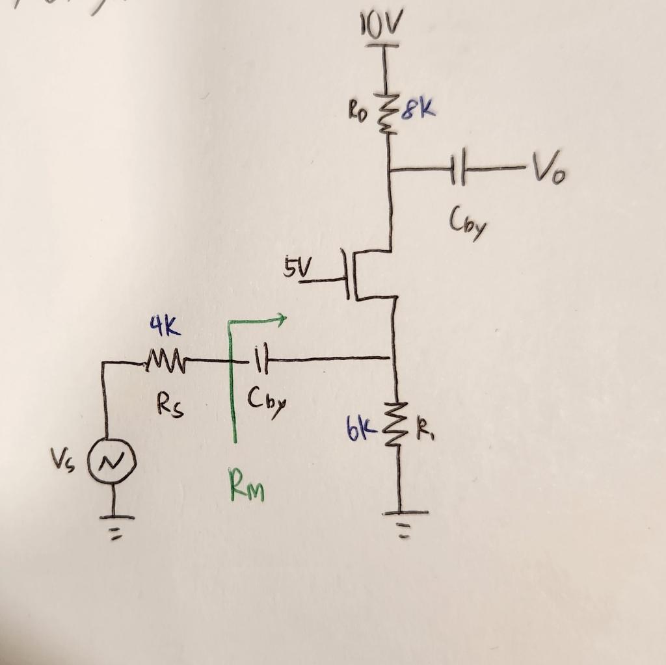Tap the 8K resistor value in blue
click(418, 109)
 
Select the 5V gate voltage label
click(297, 266)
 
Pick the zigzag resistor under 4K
click(165, 359)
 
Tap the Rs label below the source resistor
click(170, 406)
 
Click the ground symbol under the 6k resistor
click(402, 520)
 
